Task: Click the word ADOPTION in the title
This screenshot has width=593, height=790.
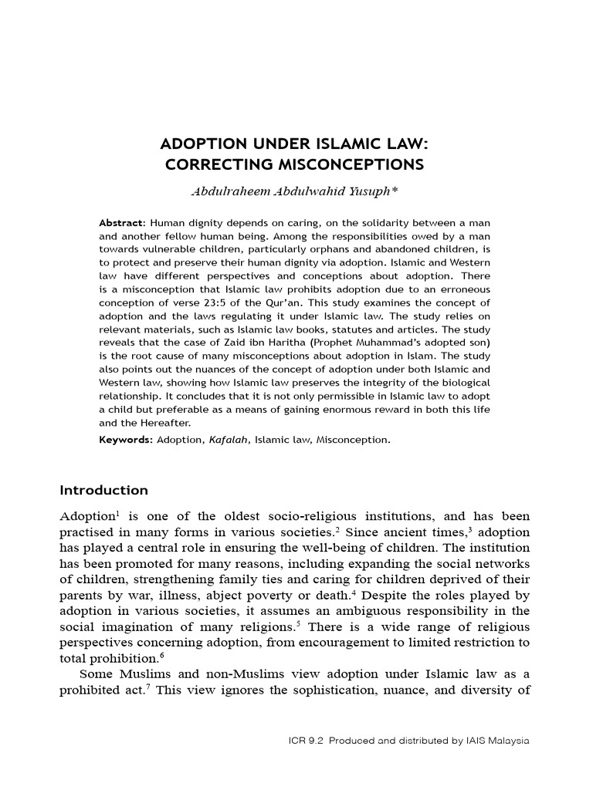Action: point(201,144)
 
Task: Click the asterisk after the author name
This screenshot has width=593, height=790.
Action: point(395,188)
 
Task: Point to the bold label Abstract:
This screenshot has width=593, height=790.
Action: point(122,222)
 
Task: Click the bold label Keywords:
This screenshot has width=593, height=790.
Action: point(126,440)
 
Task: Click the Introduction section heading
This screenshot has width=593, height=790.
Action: point(103,491)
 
